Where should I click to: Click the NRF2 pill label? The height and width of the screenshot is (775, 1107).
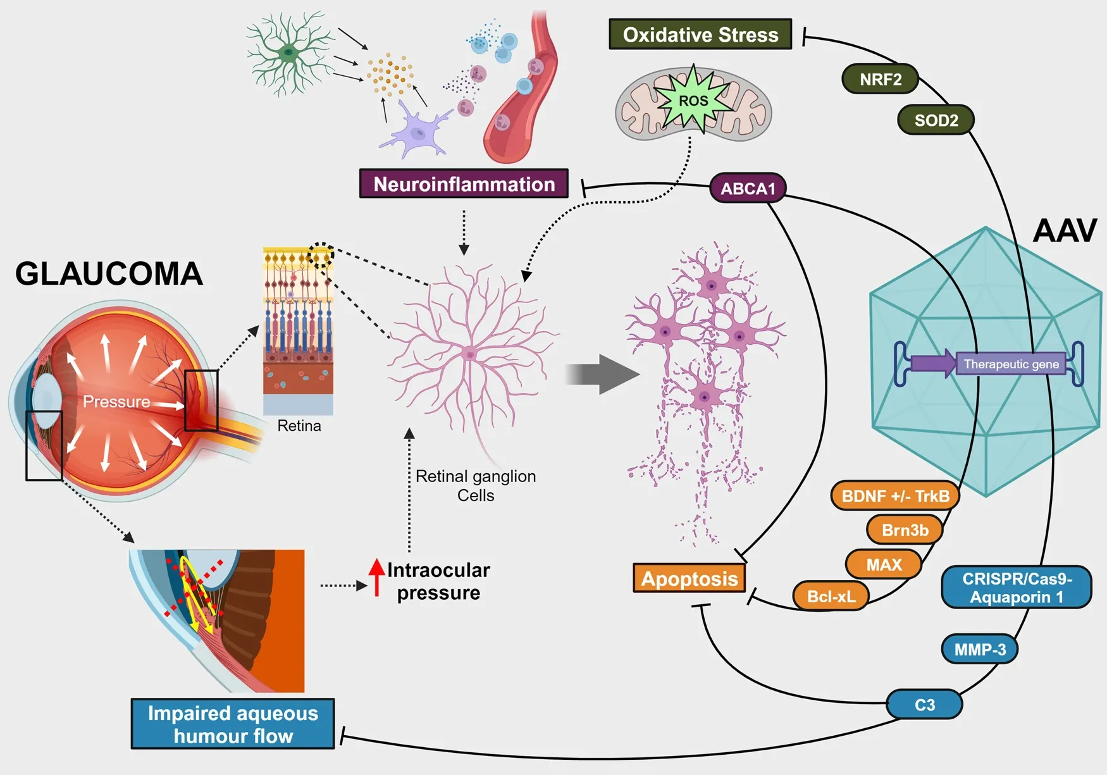(880, 80)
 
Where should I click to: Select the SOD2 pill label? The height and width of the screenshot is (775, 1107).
(936, 120)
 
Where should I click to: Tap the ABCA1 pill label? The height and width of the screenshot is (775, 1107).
(748, 189)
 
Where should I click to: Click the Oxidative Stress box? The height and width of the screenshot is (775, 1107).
(700, 35)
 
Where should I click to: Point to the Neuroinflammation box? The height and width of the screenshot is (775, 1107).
(464, 184)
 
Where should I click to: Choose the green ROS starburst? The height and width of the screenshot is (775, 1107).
(694, 101)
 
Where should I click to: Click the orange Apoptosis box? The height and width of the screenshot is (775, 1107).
(690, 578)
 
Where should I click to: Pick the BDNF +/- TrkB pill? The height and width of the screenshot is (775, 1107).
(895, 496)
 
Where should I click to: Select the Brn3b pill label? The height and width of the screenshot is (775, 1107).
(905, 530)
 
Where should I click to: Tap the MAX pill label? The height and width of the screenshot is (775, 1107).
(884, 564)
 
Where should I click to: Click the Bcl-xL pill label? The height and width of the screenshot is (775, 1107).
(831, 596)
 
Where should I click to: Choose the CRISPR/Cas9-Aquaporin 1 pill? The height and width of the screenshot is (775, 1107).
(1017, 588)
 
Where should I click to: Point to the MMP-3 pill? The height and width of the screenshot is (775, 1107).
(979, 650)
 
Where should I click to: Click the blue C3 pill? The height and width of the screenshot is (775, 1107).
(924, 705)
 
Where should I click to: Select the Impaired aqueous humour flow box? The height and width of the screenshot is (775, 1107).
(233, 724)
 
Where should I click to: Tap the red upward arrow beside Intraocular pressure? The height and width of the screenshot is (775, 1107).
(377, 576)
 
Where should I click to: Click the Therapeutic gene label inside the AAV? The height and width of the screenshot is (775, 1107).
(1011, 364)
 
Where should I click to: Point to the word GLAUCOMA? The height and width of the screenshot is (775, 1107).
(109, 275)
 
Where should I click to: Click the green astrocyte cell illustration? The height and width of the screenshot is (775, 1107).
(289, 53)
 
